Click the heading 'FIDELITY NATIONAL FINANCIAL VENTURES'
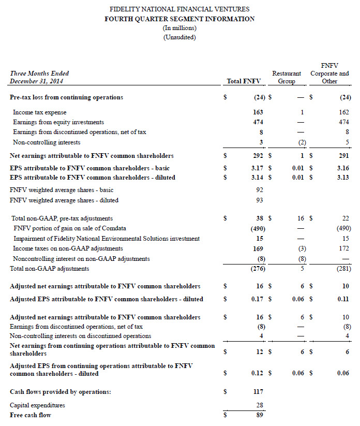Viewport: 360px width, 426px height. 179,9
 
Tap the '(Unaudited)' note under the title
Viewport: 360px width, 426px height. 179,37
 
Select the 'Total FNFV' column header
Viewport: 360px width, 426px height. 244,81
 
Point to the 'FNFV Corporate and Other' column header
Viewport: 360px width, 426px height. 329,74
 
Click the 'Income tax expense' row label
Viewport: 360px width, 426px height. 40,112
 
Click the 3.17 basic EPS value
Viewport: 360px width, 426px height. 257,168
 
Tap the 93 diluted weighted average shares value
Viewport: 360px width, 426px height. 260,200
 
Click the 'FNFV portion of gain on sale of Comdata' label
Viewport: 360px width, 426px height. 70,228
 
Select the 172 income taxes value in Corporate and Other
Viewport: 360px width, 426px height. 346,248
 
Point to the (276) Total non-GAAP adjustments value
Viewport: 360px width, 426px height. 256,269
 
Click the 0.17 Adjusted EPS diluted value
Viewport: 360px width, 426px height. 257,299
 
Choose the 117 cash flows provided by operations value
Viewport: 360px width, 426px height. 258,392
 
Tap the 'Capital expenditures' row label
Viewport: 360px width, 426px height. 38,405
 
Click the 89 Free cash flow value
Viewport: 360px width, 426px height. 260,415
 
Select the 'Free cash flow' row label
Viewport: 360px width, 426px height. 31,415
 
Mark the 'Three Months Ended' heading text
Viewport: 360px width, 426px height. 39,74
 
